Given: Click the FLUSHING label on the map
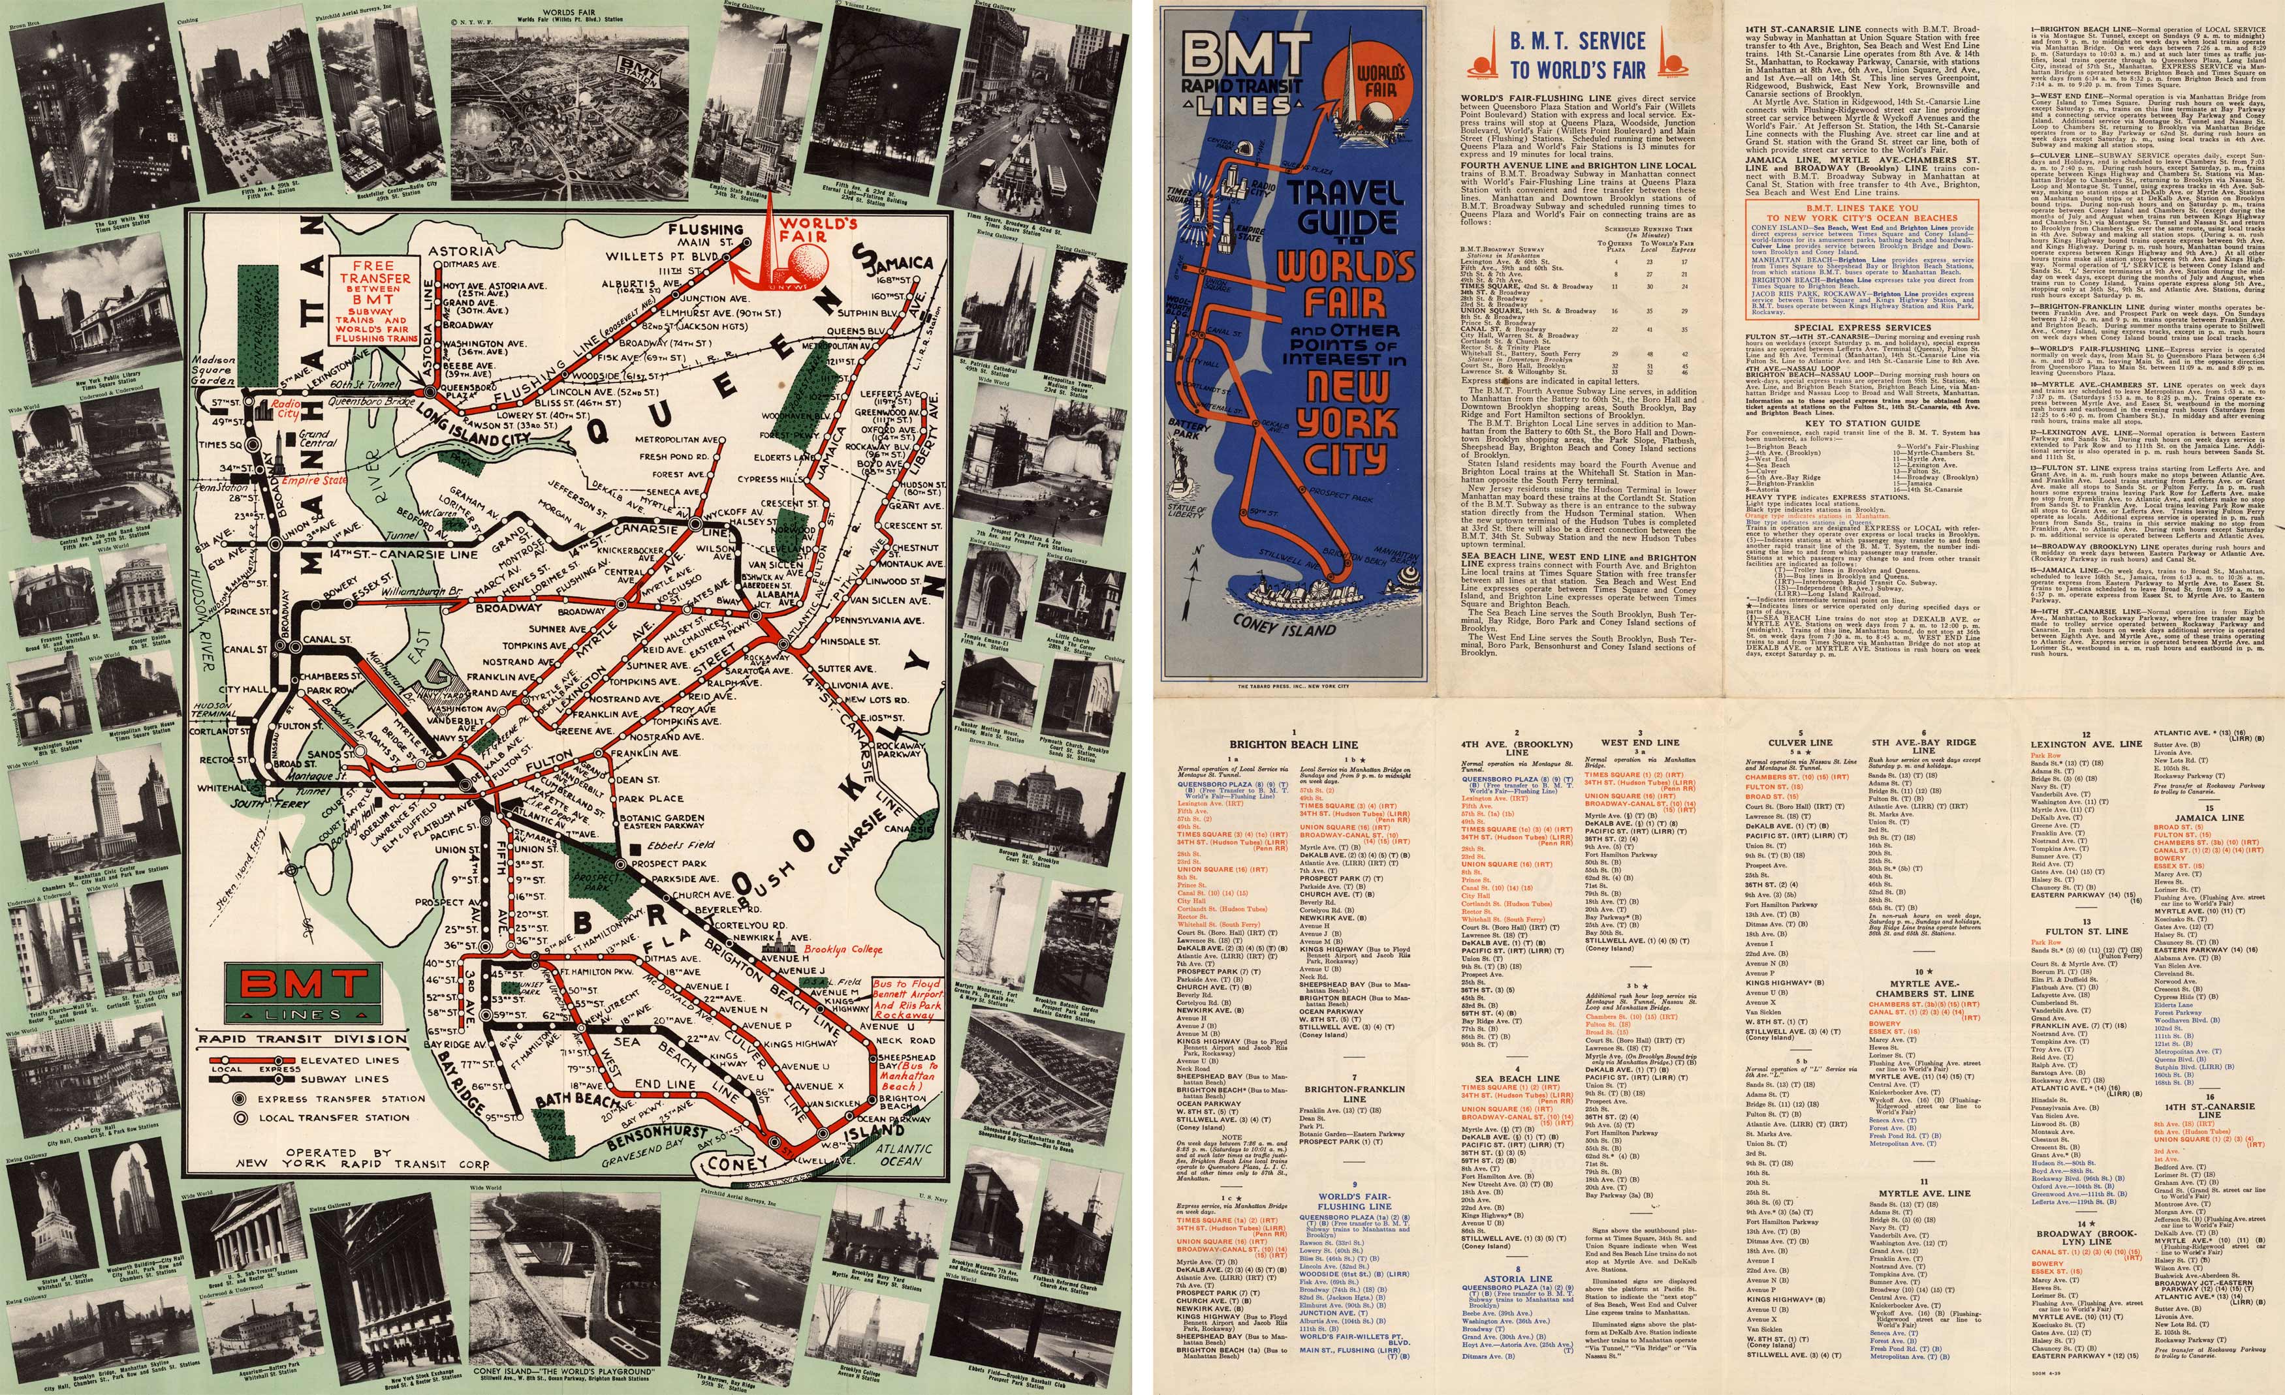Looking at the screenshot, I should click(706, 229).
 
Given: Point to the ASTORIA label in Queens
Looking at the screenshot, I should click(461, 251).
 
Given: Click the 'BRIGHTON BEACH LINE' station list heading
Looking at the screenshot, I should click(1294, 743).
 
